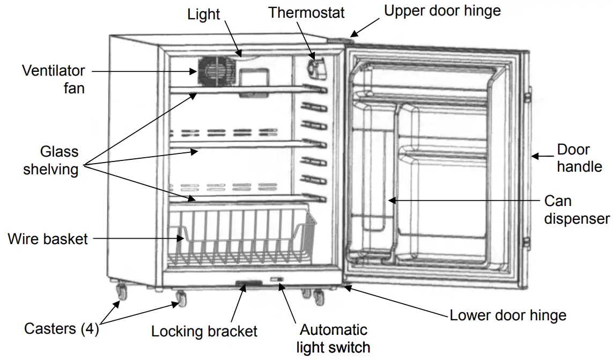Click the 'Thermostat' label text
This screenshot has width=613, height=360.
(306, 12)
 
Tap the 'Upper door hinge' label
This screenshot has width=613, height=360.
(442, 11)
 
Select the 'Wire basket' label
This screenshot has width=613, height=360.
(47, 239)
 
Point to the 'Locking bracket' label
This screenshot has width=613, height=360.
(204, 331)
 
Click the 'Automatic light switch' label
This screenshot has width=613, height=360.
(333, 338)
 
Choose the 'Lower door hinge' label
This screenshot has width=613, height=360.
(507, 315)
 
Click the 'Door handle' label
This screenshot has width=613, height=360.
(579, 158)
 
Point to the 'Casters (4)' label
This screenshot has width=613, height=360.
(62, 328)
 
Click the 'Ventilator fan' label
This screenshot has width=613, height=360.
(53, 78)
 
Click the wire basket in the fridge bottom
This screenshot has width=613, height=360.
(241, 239)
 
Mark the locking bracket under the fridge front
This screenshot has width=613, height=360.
(247, 283)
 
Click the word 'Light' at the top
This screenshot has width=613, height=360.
(203, 14)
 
